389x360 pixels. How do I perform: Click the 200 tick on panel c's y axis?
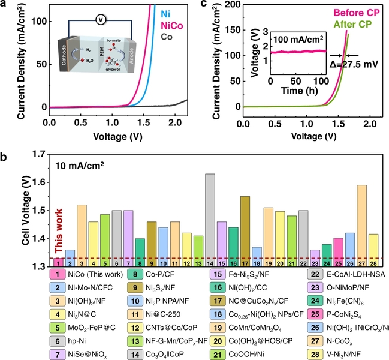tap(230, 4)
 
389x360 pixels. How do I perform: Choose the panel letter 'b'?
tap(5, 157)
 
